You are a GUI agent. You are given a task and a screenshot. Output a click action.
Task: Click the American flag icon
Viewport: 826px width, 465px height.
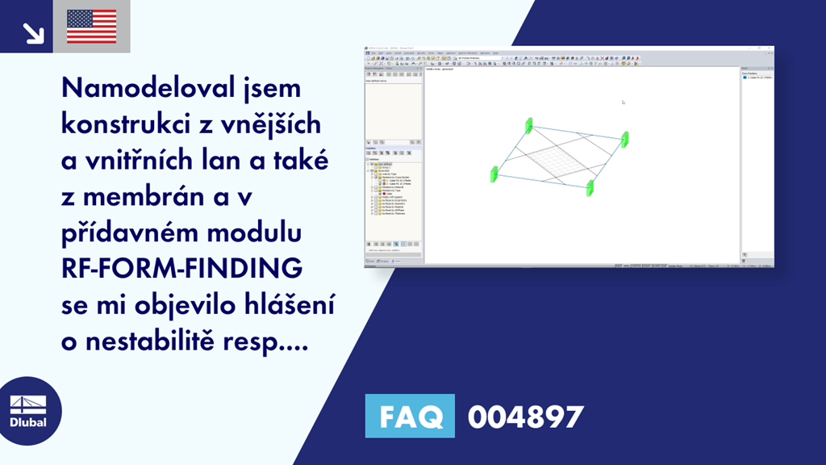pos(91,27)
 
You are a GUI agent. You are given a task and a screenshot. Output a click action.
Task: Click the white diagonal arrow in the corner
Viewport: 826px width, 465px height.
pos(33,32)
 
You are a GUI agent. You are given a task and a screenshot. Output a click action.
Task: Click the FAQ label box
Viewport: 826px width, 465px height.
pos(410,417)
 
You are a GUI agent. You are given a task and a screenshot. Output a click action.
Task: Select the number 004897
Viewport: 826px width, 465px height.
pos(525,417)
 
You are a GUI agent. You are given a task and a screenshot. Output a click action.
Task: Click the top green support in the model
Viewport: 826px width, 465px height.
pos(529,125)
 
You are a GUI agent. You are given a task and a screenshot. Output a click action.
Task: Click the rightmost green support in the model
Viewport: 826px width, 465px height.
pos(624,138)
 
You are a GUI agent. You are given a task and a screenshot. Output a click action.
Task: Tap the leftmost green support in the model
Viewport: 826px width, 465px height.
pos(494,173)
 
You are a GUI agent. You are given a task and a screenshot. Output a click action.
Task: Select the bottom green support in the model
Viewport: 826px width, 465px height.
pos(590,187)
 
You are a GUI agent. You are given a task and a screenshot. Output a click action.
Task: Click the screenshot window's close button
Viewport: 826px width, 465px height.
pos(770,50)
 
